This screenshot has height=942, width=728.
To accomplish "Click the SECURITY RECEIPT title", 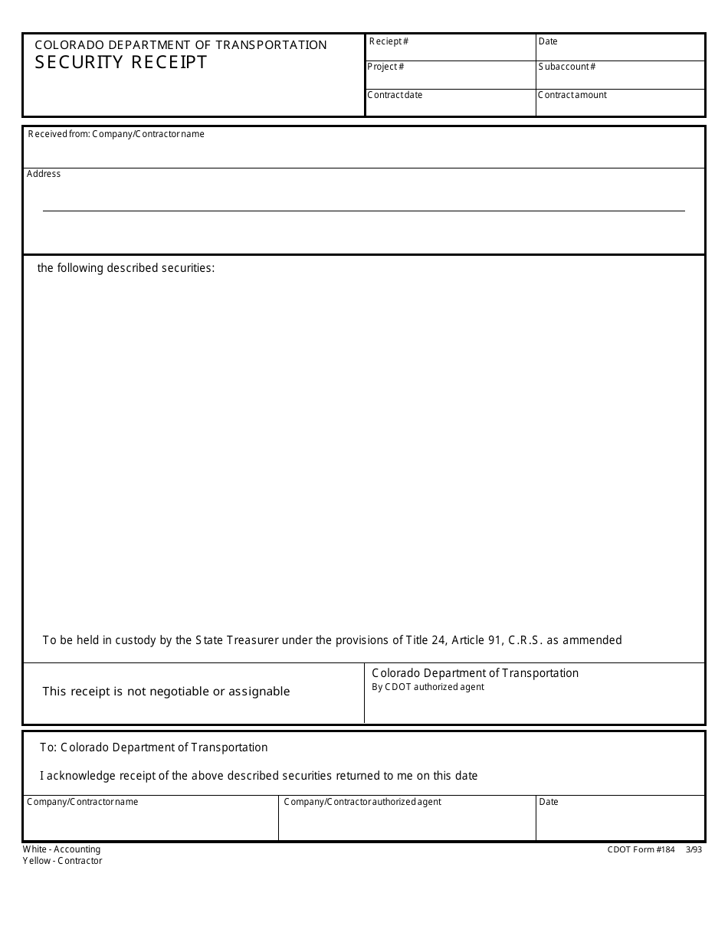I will click(121, 63).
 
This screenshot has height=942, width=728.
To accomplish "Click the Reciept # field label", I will click(389, 41).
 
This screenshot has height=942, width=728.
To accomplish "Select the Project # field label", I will click(385, 67).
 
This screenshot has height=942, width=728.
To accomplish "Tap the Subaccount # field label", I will click(566, 67).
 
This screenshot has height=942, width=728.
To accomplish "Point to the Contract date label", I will click(395, 95).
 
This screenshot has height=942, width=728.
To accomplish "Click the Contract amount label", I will click(572, 95).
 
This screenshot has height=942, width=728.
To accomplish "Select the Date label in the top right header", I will click(548, 41).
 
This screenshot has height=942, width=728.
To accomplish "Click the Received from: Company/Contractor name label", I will click(116, 134).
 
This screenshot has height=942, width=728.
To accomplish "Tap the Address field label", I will click(44, 174).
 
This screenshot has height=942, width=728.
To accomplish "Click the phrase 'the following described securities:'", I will click(126, 268).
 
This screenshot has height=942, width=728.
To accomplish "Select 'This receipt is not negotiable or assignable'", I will click(166, 692).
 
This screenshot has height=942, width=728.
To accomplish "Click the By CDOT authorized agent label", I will click(428, 687).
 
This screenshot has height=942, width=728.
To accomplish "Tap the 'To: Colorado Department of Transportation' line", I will click(153, 747).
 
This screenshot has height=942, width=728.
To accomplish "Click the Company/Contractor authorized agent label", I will click(362, 802).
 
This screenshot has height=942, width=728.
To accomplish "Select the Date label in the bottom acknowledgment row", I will click(549, 802).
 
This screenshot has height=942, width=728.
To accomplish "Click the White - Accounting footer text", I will click(61, 849).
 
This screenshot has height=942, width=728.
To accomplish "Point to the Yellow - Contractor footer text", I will click(62, 861).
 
